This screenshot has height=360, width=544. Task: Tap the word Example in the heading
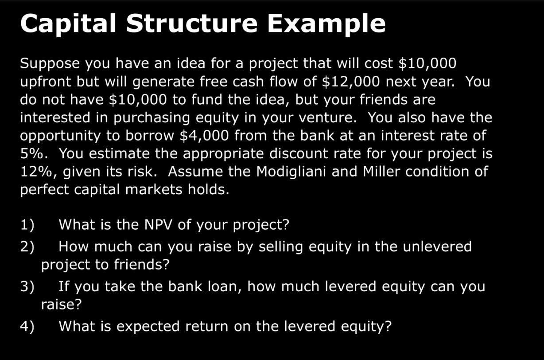[x=326, y=23]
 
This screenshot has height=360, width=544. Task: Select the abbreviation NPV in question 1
[x=159, y=225]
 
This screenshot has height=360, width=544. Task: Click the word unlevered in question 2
[x=437, y=247]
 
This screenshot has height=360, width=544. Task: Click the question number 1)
[x=27, y=225]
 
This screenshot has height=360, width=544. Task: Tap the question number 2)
[x=27, y=247]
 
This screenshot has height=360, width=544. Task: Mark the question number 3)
[x=27, y=287]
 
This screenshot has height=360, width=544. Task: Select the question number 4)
[x=27, y=327]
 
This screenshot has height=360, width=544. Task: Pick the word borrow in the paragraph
[x=151, y=136]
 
